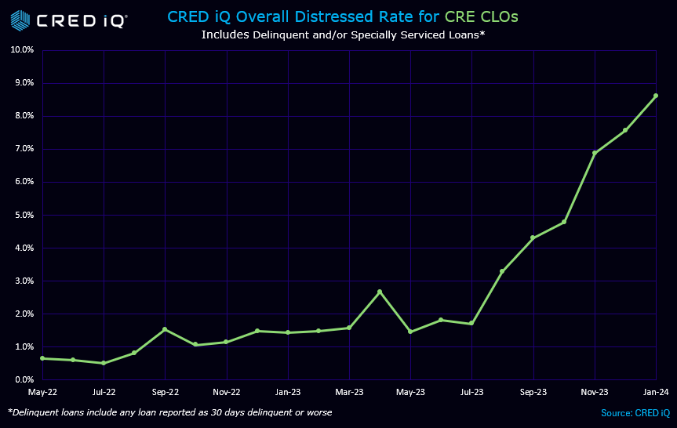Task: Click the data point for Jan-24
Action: point(656,96)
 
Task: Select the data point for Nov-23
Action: point(595,153)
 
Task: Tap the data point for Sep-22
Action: point(165,329)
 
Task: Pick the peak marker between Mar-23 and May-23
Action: point(380,292)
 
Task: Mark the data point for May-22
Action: point(42,358)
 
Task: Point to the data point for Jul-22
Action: point(103,363)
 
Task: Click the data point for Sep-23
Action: point(533,238)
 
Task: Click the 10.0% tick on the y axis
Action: point(22,50)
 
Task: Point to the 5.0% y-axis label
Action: point(24,215)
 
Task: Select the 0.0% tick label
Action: point(24,380)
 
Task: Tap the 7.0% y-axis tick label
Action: point(24,149)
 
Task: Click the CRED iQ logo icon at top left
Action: point(20,20)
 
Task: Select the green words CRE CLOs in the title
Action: point(482,16)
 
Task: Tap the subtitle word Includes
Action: point(226,34)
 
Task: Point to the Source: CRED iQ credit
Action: point(635,412)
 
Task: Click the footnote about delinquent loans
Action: point(169,412)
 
